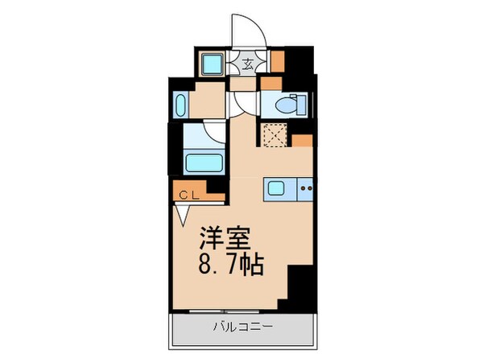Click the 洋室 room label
pos(228,239)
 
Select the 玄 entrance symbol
pos(250,63)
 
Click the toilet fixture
pos(287,104)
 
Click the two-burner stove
pos(306,189)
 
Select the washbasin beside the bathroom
pos(180,105)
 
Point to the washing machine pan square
pos(213,64)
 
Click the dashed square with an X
pos(274,137)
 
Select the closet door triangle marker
pos(183,213)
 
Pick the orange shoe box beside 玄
pos(277,62)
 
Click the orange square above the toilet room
pos(270,81)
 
